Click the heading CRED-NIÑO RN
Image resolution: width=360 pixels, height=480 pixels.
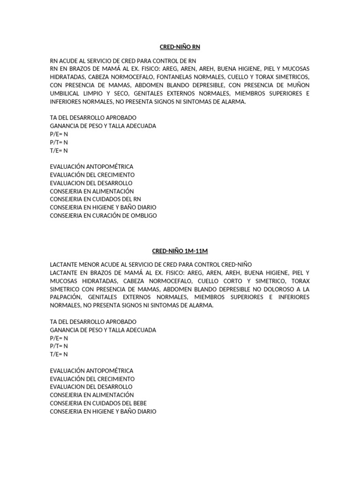click(180, 47)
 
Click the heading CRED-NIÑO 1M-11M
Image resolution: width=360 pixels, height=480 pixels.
click(180, 251)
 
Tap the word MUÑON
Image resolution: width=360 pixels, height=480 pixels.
click(298, 85)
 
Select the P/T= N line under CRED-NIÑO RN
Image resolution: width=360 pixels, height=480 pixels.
click(59, 142)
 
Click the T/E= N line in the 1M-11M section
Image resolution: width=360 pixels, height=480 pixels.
click(59, 354)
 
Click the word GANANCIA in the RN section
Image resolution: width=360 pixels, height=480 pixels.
click(64, 126)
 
